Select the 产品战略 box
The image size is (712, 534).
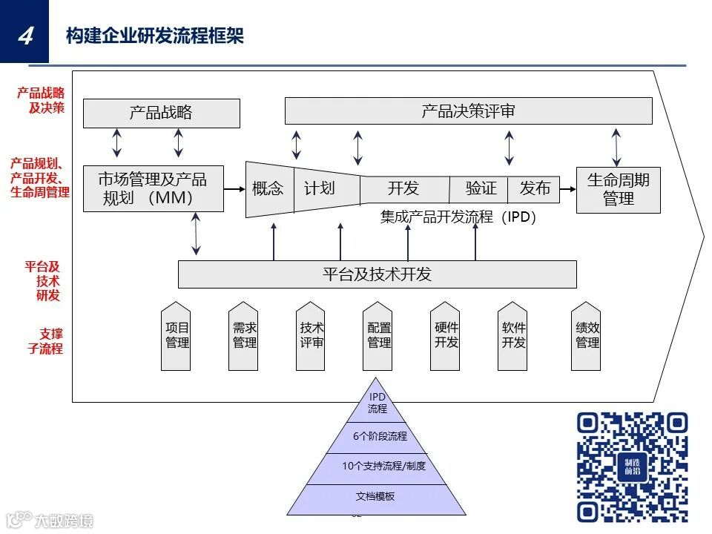pyautogui.click(x=161, y=113)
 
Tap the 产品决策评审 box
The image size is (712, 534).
pyautogui.click(x=468, y=111)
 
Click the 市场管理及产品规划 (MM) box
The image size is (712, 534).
pyautogui.click(x=153, y=188)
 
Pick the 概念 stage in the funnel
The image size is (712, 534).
pyautogui.click(x=268, y=189)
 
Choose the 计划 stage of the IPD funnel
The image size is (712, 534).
pyautogui.click(x=320, y=189)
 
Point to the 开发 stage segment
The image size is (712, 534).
pyautogui.click(x=403, y=189)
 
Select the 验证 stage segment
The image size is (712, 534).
pyautogui.click(x=481, y=189)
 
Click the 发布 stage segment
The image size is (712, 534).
pyautogui.click(x=535, y=189)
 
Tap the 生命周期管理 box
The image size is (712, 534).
pyautogui.click(x=618, y=189)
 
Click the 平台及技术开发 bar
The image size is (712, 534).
pyautogui.click(x=377, y=274)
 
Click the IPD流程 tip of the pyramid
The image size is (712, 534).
pyautogui.click(x=378, y=403)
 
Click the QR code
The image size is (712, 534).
pyautogui.click(x=632, y=467)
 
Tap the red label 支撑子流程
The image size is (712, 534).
pyautogui.click(x=46, y=341)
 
